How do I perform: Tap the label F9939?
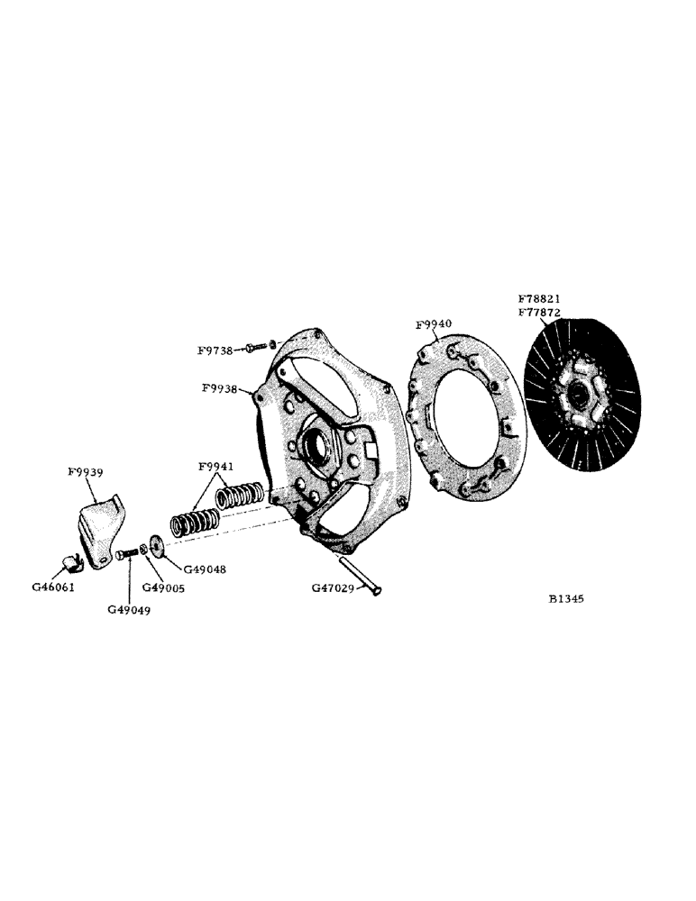point(85,471)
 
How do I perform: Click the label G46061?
point(53,587)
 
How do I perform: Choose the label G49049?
point(129,610)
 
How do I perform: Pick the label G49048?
point(206,569)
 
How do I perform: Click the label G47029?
point(334,587)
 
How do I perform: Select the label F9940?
point(434,324)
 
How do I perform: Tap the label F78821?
point(539,298)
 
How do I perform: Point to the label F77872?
point(539,312)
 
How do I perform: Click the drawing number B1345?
point(565,597)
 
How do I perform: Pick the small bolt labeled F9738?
point(258,345)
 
